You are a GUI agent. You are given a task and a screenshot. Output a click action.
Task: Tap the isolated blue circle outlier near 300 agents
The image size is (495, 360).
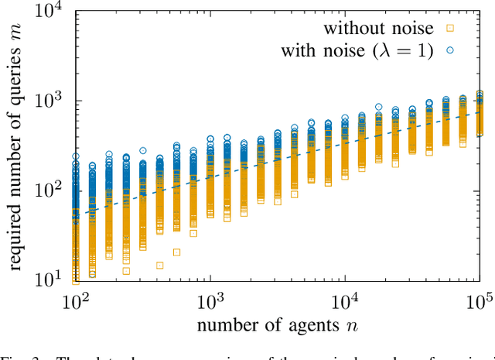143,150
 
